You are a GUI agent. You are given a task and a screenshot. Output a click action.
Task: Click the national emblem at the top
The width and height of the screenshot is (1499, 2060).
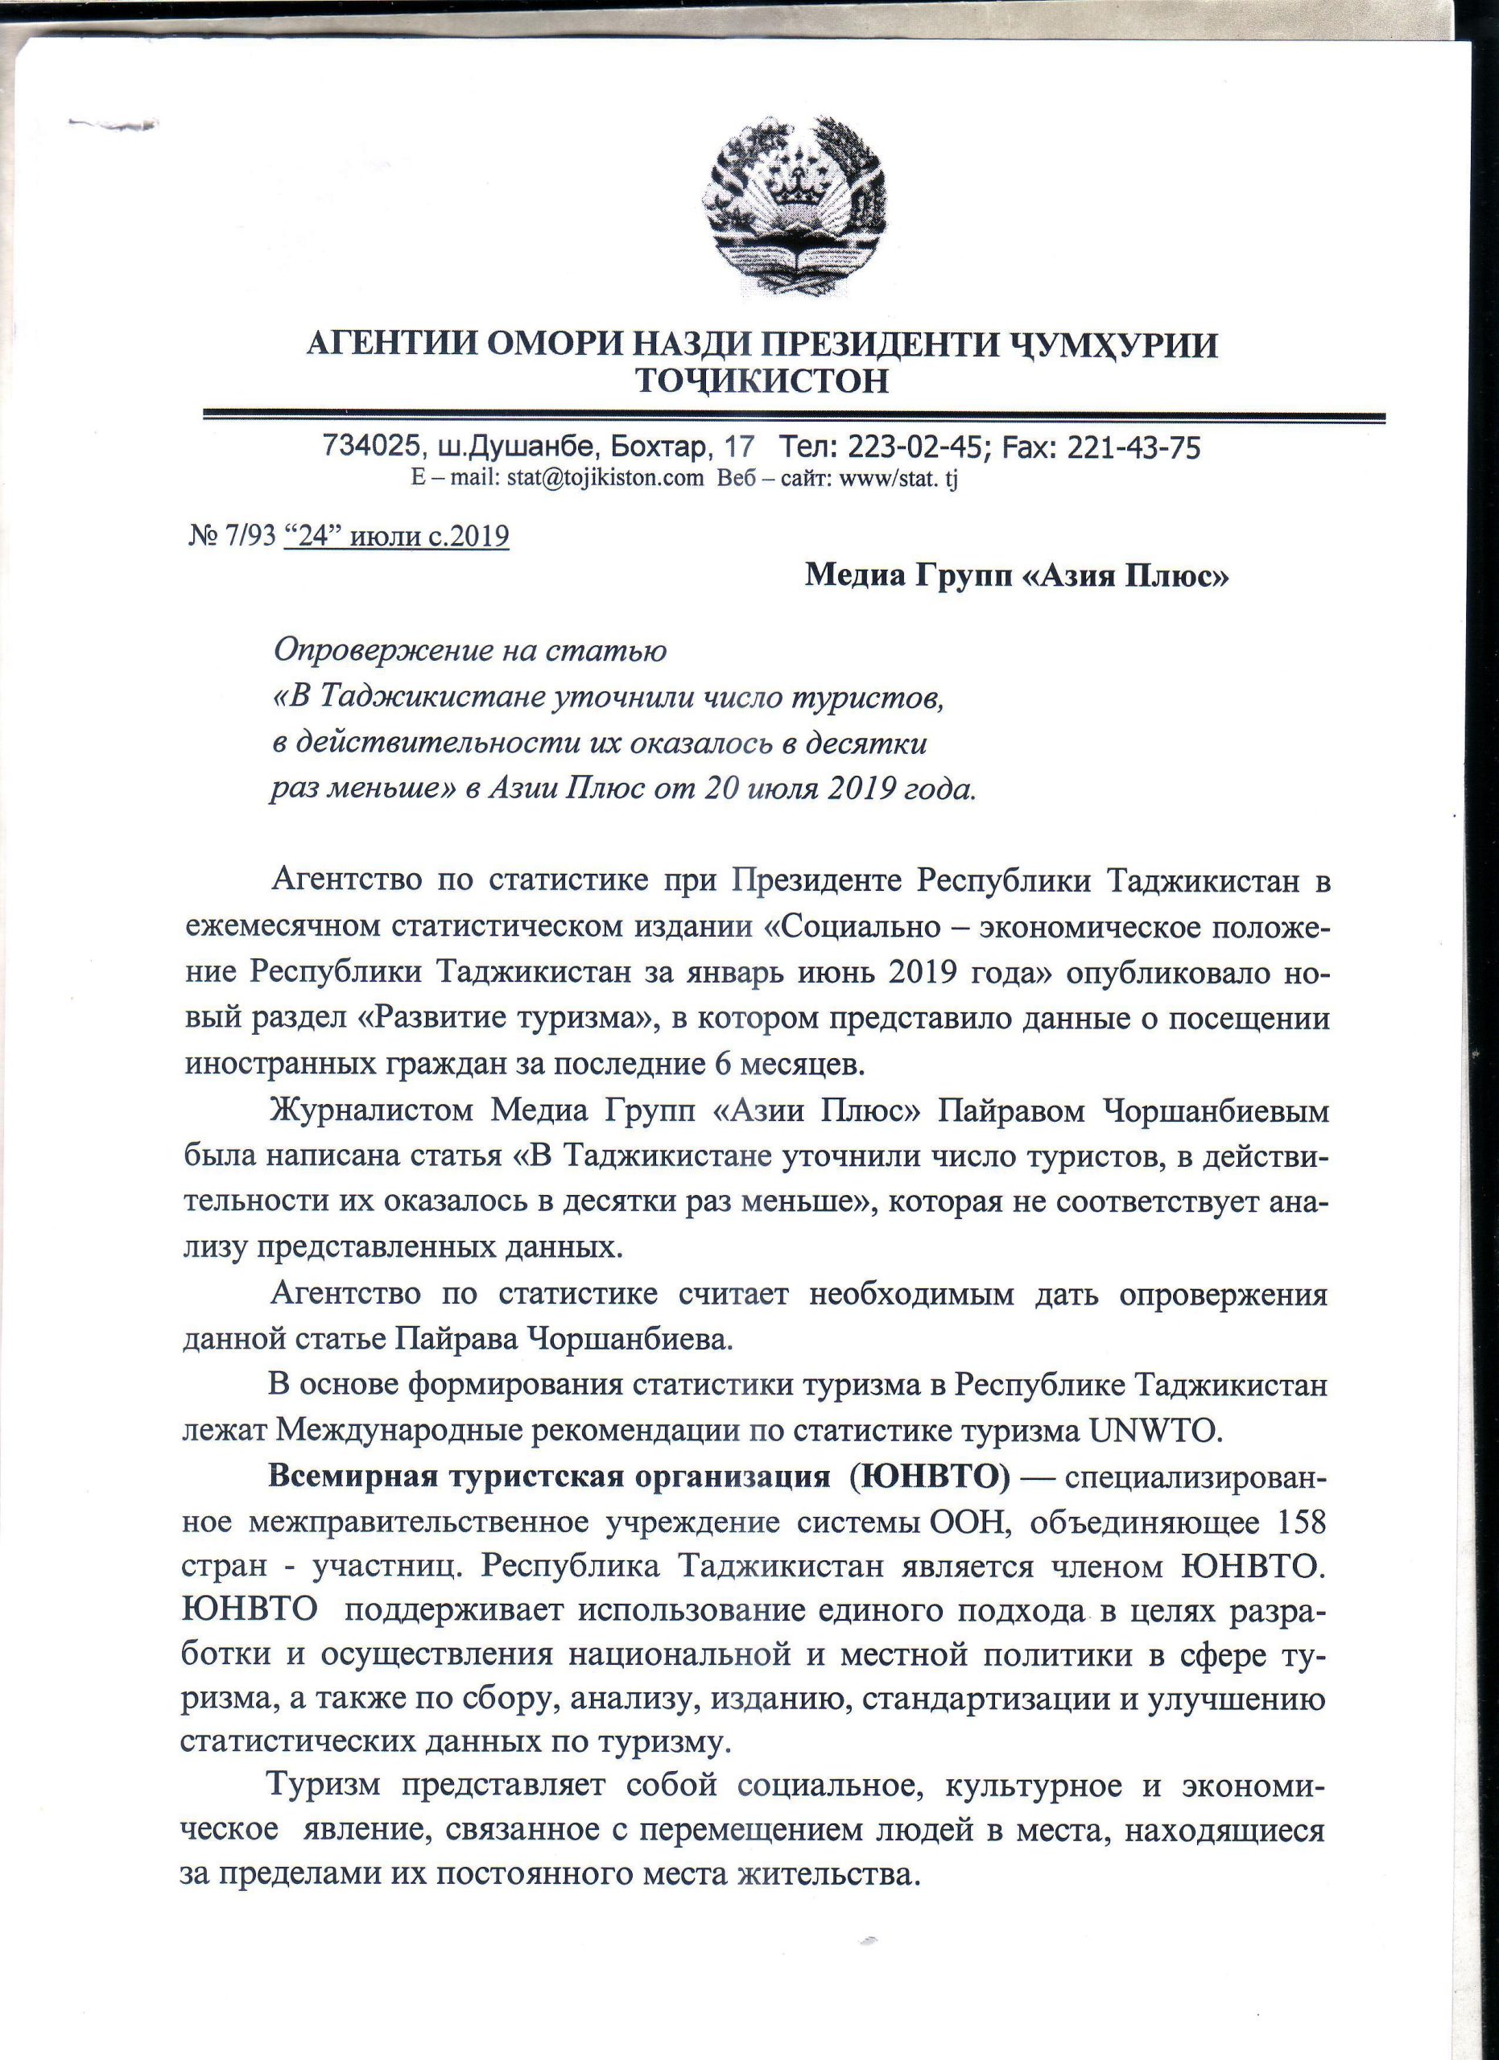795,211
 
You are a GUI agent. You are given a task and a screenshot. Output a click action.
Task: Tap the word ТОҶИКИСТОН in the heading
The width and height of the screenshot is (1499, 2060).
762,381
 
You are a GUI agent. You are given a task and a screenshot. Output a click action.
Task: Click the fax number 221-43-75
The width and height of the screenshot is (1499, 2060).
1137,446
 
